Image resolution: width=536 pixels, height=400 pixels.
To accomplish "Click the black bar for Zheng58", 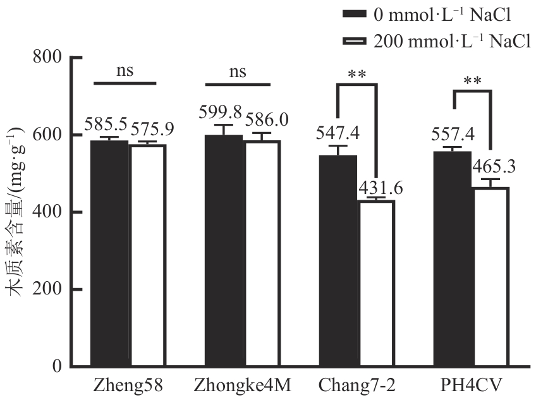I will point(109,253).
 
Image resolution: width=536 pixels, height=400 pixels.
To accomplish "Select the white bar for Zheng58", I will point(148,256).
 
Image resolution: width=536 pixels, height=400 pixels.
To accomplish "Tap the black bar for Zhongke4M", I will point(224,251).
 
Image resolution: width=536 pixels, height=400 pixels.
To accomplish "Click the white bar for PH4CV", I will point(490,277).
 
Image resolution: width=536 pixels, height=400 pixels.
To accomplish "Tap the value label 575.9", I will point(152,128).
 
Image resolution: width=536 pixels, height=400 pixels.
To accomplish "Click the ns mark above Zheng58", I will point(125,71).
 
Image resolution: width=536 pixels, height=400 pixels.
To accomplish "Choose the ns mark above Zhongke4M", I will point(238,71).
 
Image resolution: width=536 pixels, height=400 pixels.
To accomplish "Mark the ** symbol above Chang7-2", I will point(357,75).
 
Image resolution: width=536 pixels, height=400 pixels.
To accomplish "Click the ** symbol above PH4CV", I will point(472,81).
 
